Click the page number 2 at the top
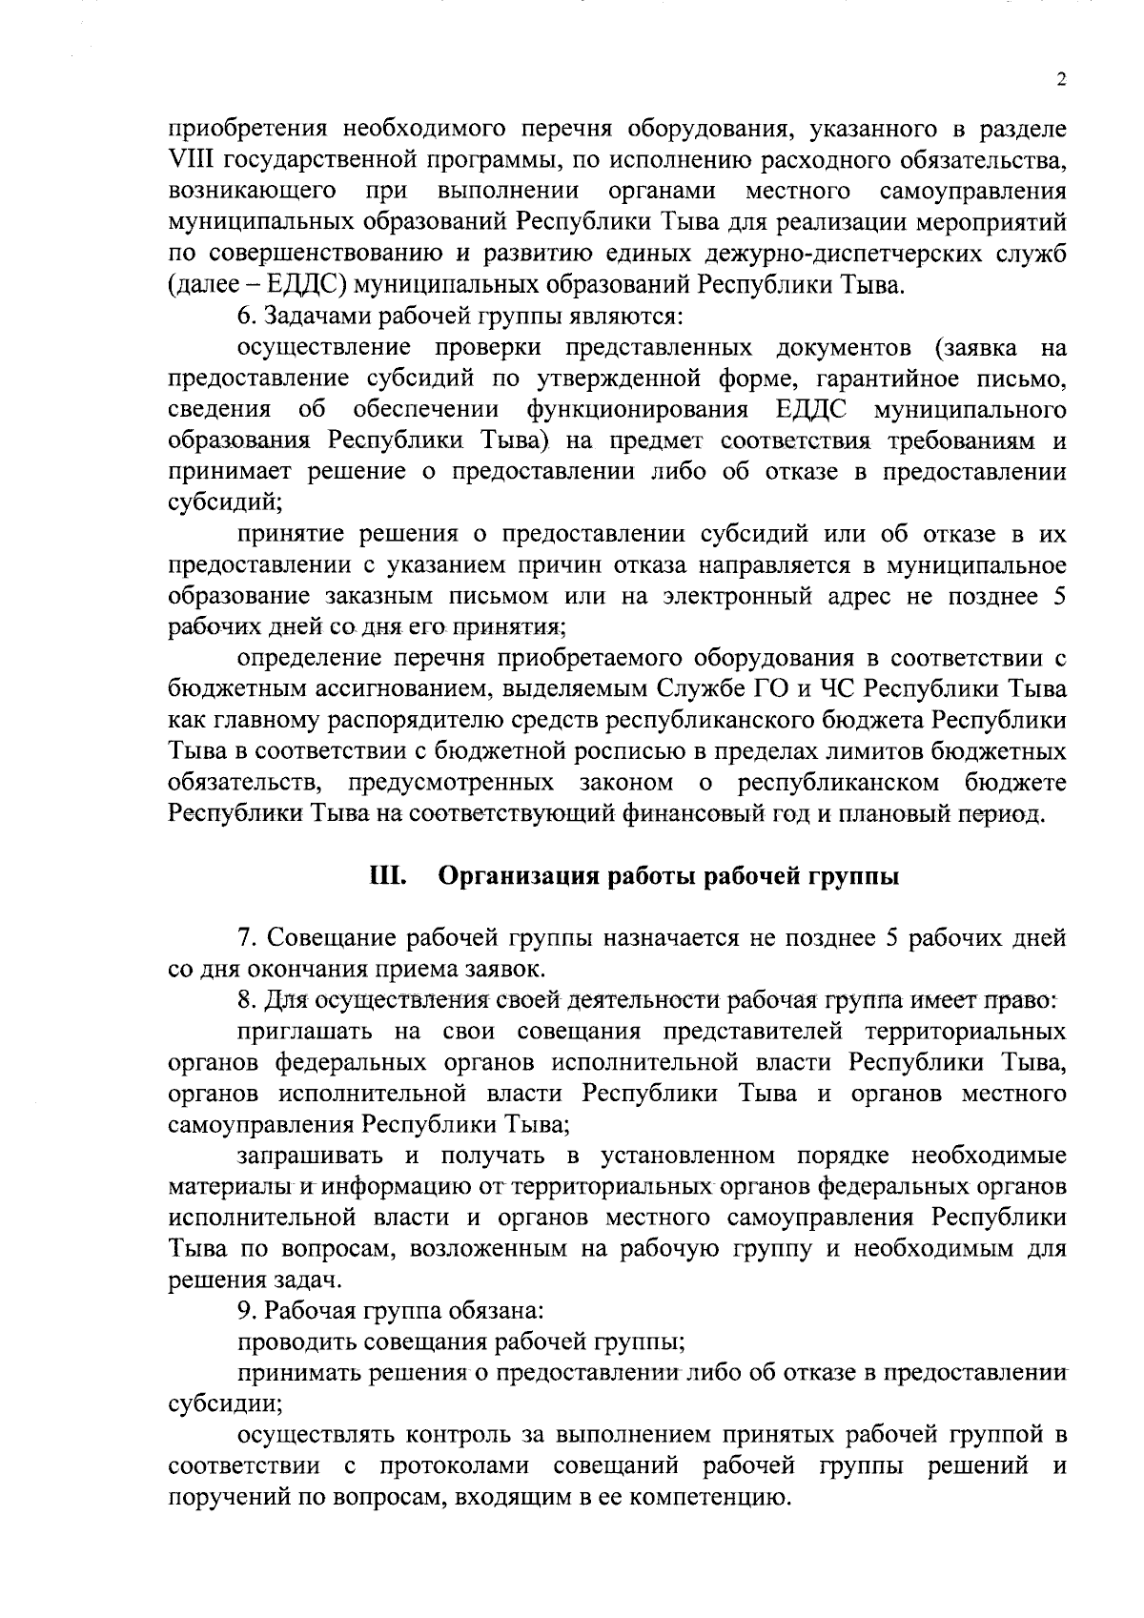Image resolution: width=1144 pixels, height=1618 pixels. pos(1060,81)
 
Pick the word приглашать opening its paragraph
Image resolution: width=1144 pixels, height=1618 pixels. pos(306,1032)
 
